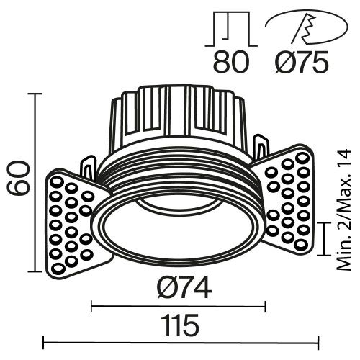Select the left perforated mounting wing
(x=73, y=223)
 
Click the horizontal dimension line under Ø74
(x=179, y=307)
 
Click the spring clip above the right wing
(x=259, y=148)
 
